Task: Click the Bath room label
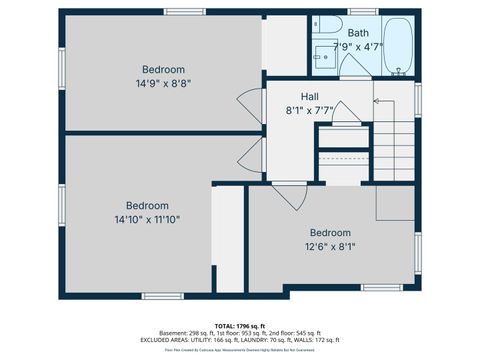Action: [357, 33]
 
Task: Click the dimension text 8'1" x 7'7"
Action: [310, 110]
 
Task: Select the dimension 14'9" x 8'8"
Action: [163, 84]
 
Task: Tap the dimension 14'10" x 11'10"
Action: [147, 218]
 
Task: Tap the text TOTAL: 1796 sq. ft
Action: [239, 325]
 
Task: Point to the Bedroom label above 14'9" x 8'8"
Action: [163, 69]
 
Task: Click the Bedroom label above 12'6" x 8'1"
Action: [330, 232]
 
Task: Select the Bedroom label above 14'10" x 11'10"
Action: [147, 204]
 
